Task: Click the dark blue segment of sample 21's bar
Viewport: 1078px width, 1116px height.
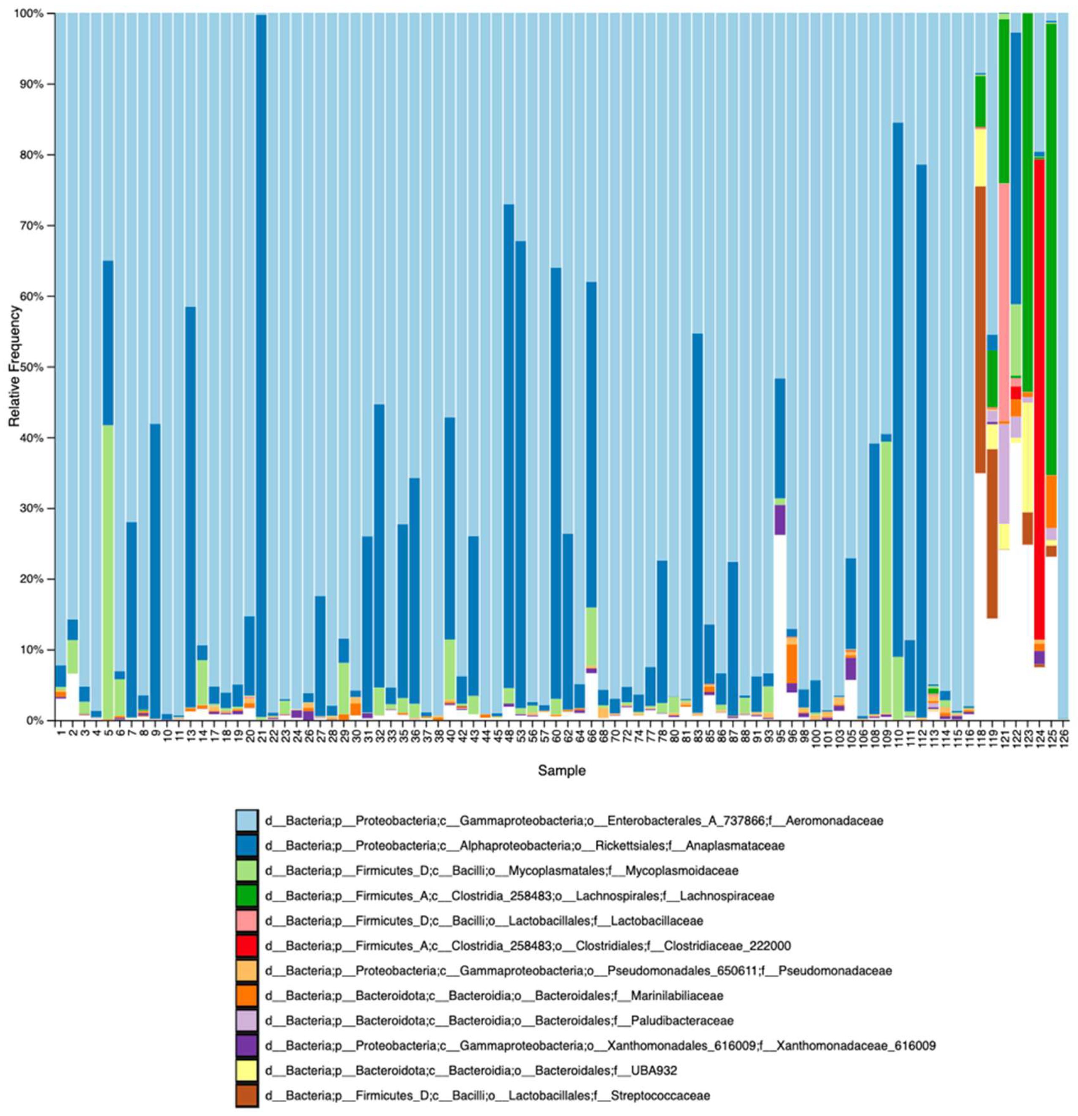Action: pos(261,364)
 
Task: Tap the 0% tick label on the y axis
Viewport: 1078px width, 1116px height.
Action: pos(36,721)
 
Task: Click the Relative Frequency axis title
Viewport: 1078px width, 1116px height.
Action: pos(14,366)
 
